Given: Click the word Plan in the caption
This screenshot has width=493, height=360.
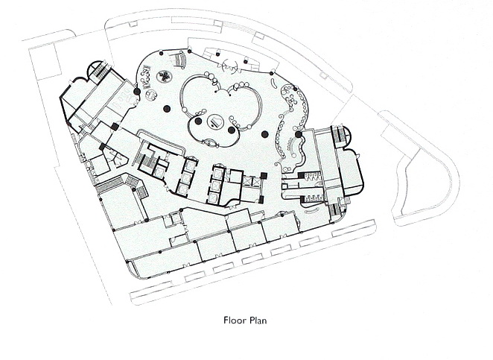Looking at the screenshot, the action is [258, 320].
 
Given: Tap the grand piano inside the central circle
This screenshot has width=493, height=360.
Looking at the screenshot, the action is [215, 121].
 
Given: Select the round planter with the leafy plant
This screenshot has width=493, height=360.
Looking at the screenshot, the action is [164, 76].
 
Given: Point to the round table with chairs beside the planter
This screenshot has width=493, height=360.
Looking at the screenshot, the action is [151, 95].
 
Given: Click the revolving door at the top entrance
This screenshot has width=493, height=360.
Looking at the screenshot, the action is [230, 66].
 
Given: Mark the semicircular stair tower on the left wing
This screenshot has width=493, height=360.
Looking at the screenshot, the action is [95, 69].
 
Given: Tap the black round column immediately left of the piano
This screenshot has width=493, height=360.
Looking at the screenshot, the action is [198, 121].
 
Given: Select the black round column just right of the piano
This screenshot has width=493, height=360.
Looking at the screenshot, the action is [231, 130].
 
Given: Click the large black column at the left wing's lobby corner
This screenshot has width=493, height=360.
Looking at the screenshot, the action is [137, 91].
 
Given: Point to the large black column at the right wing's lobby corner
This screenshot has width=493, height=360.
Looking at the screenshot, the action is [298, 135].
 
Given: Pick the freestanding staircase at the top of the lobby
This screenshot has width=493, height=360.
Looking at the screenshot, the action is [180, 59].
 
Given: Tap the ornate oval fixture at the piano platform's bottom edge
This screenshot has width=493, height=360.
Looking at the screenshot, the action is [210, 143].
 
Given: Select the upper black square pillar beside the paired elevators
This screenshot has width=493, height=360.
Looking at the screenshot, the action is [264, 176].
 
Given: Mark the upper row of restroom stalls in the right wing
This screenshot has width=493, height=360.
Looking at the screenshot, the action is [309, 176].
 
